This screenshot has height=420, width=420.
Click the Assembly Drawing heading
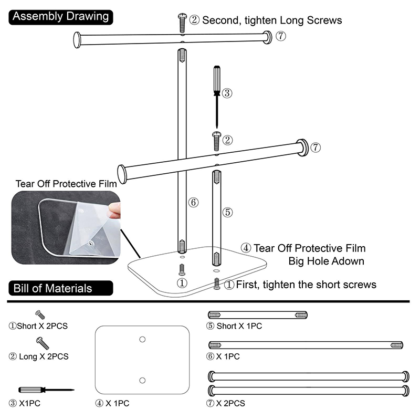tap(60, 16)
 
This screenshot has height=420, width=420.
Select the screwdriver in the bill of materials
tap(45, 391)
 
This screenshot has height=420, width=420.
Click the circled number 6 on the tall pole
tap(193, 203)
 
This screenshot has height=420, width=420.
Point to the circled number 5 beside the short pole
tap(227, 212)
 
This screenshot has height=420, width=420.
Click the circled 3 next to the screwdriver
tap(227, 93)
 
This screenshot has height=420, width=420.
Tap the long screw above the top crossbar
tap(181, 23)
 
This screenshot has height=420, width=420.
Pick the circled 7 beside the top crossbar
tap(281, 36)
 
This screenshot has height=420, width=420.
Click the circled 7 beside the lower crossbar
tap(315, 148)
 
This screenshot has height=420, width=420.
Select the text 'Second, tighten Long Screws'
tap(271, 20)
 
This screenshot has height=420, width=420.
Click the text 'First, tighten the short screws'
tap(306, 285)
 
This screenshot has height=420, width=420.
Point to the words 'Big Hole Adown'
tap(327, 261)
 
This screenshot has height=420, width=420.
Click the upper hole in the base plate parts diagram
tap(142, 340)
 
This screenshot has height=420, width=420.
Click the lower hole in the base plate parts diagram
tap(142, 380)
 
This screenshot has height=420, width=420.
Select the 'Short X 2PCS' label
tap(38, 326)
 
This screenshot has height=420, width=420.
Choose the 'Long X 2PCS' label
tap(38, 356)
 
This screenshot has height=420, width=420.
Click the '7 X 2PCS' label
tap(226, 403)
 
